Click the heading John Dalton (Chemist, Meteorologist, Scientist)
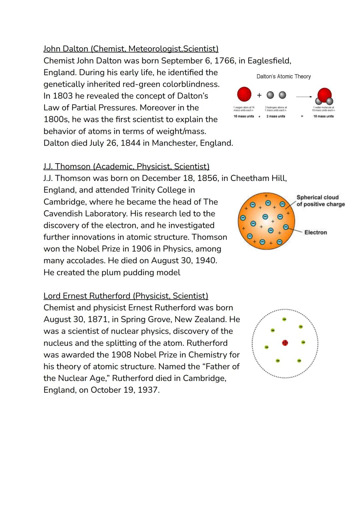(x=131, y=49)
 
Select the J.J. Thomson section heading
(x=126, y=166)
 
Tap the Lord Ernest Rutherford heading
(x=126, y=296)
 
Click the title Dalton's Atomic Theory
(x=283, y=76)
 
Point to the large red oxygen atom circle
(x=244, y=94)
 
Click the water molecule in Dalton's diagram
(x=324, y=97)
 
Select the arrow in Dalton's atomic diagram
(x=304, y=97)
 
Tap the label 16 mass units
(x=244, y=116)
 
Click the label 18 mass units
(x=323, y=116)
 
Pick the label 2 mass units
(x=276, y=116)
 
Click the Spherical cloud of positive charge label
(x=320, y=201)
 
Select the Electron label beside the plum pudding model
(x=315, y=232)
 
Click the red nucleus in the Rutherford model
(x=285, y=343)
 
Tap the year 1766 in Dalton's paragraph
(x=224, y=61)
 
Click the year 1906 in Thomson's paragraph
(x=142, y=249)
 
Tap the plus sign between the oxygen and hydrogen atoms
(x=259, y=95)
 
